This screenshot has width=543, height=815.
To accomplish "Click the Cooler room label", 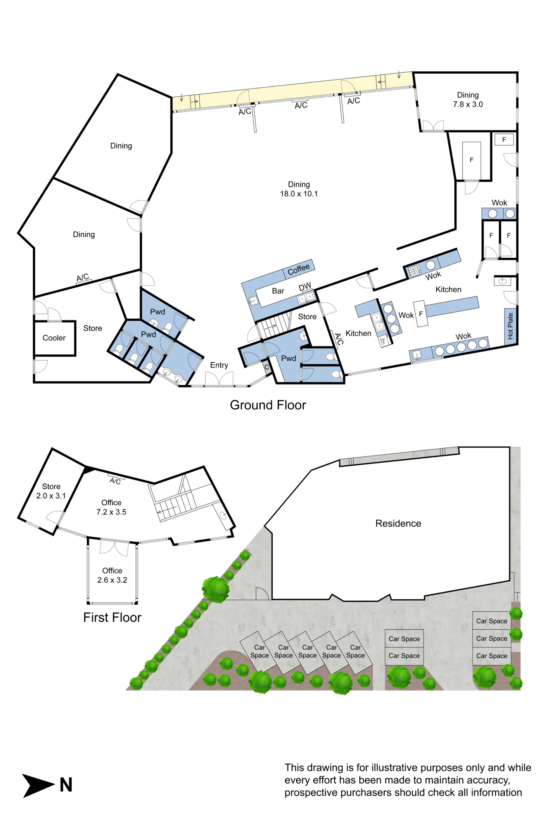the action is point(54,338).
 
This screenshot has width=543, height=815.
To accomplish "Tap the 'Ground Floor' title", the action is point(268,405).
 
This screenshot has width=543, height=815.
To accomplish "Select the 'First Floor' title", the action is point(112,617).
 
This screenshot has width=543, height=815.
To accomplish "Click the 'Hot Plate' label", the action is point(510,326).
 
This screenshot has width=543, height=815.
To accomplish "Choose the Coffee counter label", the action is point(299,269).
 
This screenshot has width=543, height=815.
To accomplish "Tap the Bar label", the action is point(278,291).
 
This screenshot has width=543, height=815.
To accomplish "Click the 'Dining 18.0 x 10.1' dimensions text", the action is point(299,189).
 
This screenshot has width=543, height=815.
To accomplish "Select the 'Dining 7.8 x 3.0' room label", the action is point(468,100).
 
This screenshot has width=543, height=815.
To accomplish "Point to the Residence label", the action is point(398,524).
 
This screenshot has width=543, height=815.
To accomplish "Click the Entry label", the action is point(219,365).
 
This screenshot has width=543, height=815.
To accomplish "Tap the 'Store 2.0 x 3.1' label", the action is point(51,491).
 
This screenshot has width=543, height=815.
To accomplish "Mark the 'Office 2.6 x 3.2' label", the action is point(112,576).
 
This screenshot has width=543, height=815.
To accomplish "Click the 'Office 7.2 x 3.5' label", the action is point(111,507).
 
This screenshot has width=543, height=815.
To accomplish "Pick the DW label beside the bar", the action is point(305,287).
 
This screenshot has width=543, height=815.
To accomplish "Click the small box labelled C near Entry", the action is point(266,367).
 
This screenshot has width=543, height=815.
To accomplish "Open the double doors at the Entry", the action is point(219,380).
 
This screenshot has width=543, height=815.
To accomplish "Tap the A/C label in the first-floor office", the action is point(115,481).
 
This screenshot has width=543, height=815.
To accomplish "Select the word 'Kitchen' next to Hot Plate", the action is point(448,290).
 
